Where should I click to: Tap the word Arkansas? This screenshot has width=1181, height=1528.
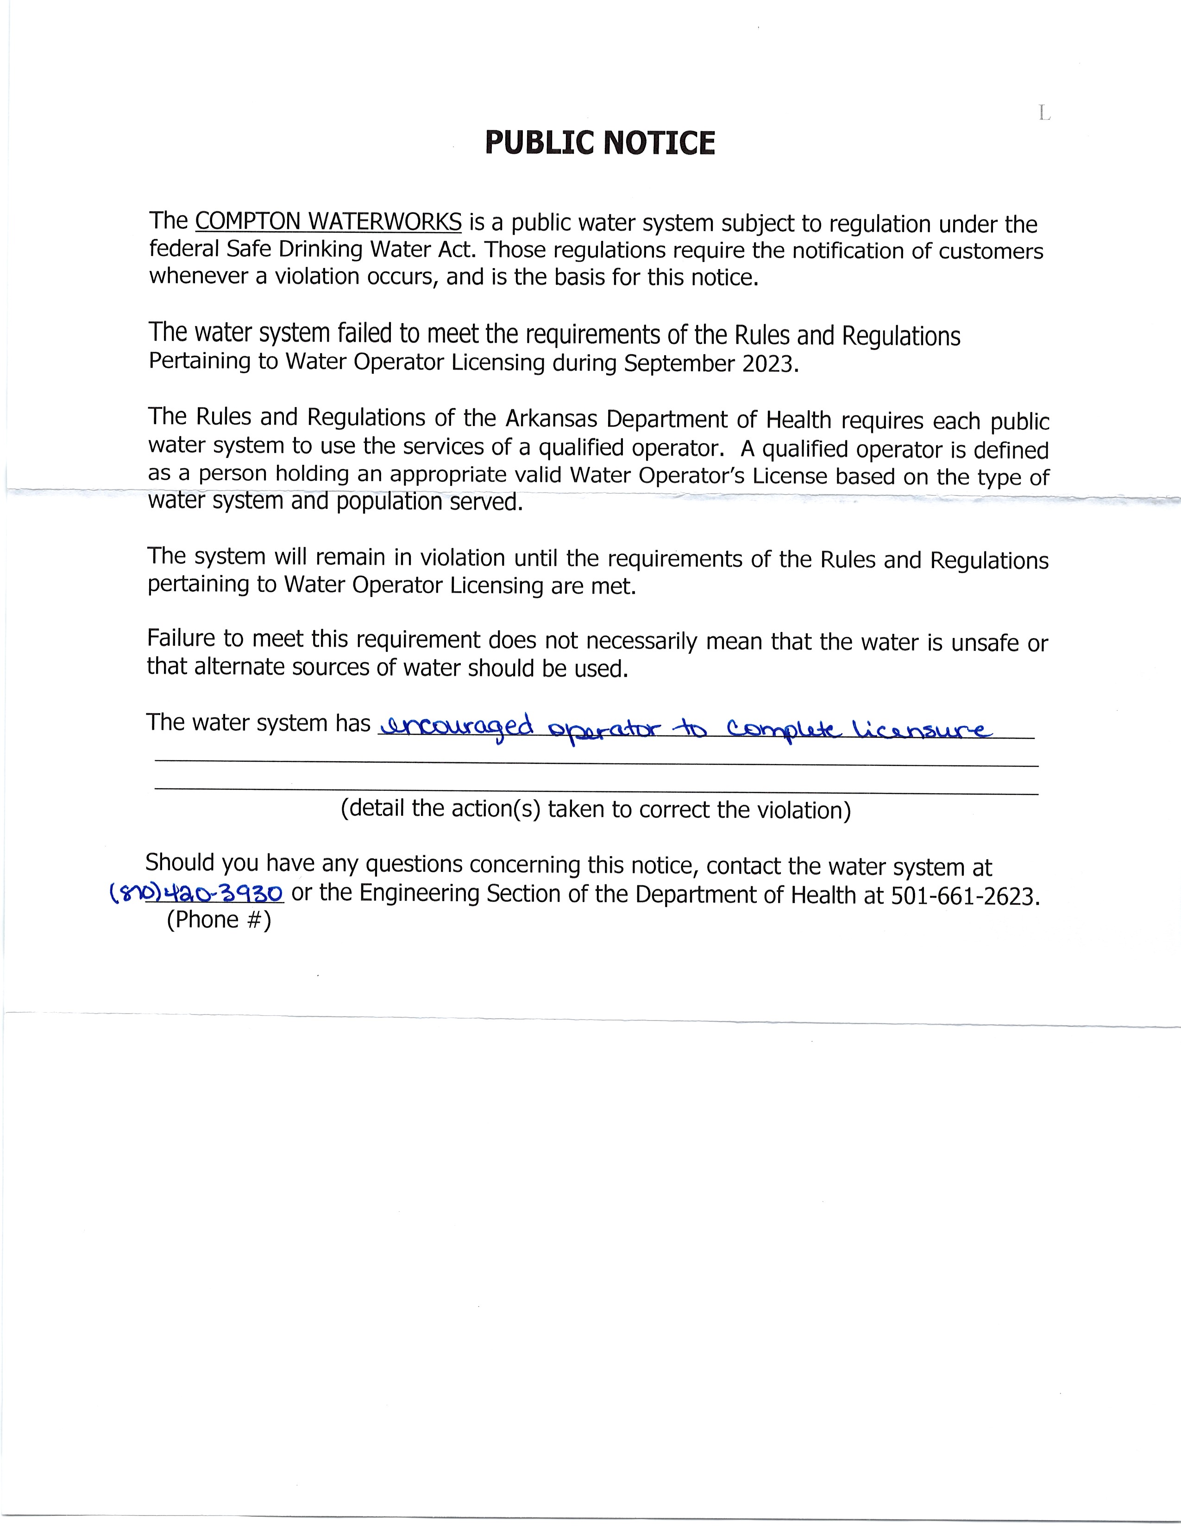552,419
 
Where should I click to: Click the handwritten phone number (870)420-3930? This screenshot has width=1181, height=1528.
196,893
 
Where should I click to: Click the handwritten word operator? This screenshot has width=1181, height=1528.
604,730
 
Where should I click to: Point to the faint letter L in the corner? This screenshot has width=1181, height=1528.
1044,113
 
